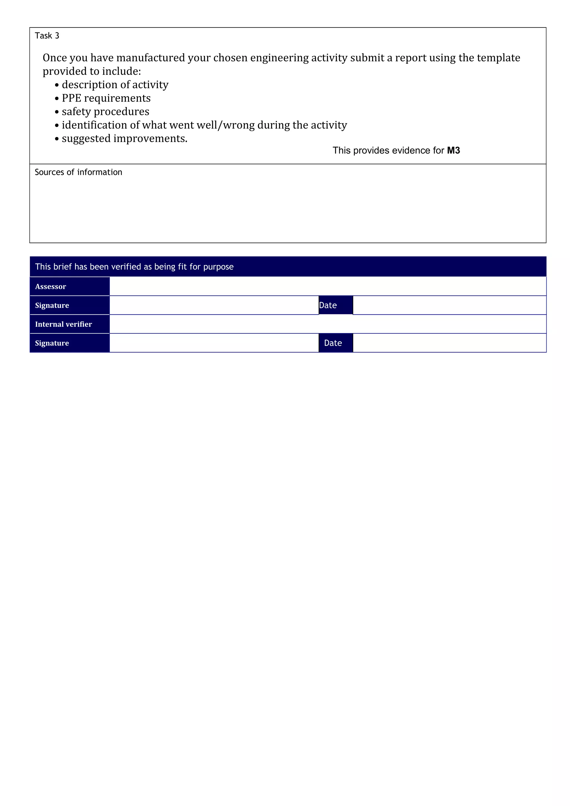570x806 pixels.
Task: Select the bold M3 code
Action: [453, 150]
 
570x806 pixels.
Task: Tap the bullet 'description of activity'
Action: [115, 85]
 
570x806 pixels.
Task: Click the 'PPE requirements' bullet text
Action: [106, 98]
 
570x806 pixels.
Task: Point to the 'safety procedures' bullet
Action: [105, 112]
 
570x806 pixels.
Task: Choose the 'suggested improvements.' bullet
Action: [124, 139]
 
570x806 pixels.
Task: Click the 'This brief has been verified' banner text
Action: [134, 267]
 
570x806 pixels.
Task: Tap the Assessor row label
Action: [51, 287]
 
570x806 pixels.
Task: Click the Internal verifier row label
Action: [63, 324]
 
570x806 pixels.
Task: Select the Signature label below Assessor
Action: [52, 305]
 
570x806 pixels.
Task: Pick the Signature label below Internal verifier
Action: [52, 343]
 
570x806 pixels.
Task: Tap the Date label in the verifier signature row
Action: [333, 343]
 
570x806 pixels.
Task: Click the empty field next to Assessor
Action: [327, 286]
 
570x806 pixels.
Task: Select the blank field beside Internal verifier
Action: [327, 324]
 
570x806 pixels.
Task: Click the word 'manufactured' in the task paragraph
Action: [150, 58]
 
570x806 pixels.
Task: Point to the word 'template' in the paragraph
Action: [498, 58]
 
